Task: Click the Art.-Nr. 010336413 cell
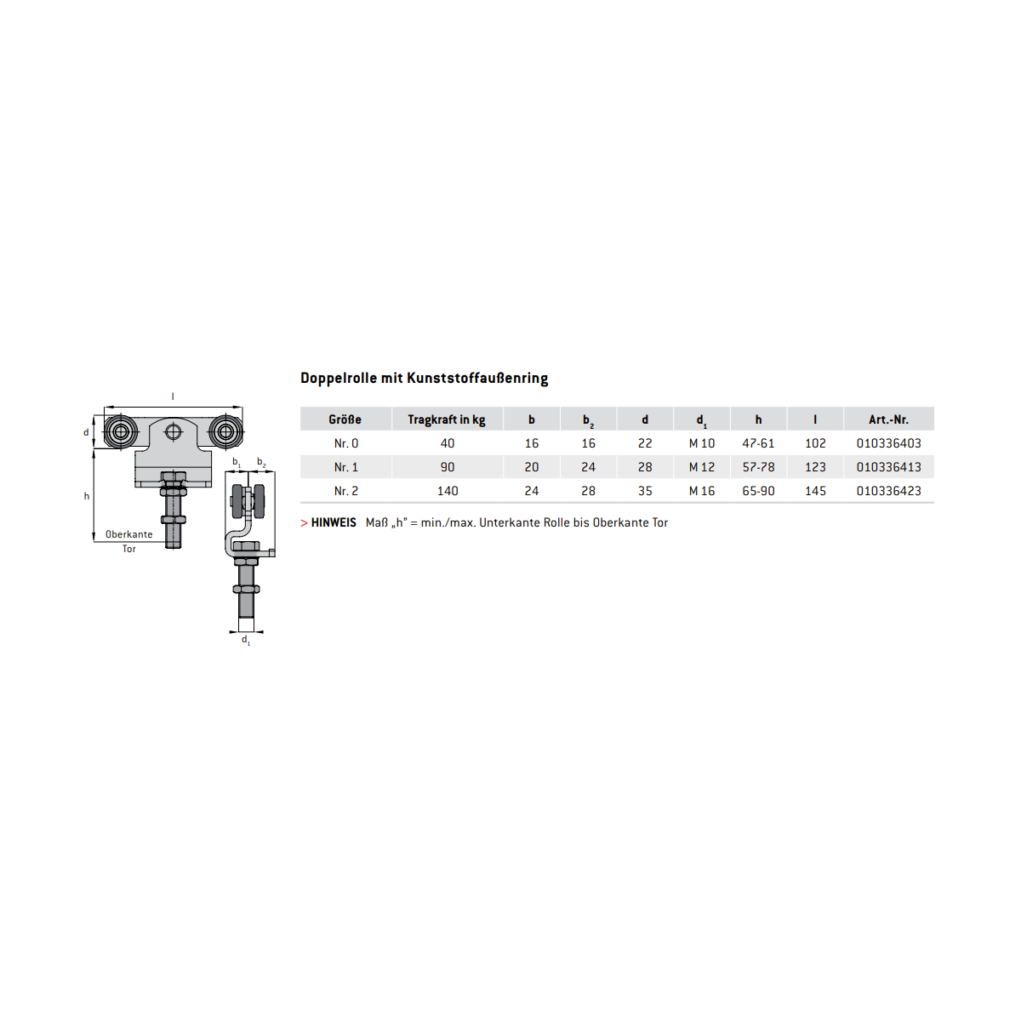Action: click(x=888, y=467)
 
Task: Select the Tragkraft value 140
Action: click(x=448, y=491)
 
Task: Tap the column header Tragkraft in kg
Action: click(x=446, y=419)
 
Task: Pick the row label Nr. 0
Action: click(x=346, y=443)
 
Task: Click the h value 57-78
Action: click(x=758, y=467)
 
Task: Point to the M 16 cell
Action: click(x=701, y=491)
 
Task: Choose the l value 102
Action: click(x=815, y=443)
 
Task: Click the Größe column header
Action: click(x=345, y=419)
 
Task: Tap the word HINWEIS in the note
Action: click(x=334, y=522)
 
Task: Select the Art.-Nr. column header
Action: click(x=888, y=419)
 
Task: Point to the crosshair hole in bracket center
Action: click(x=174, y=432)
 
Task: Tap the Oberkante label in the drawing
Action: click(x=128, y=534)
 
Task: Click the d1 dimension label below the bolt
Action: click(x=246, y=640)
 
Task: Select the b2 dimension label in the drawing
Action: click(x=261, y=463)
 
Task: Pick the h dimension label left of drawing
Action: click(x=87, y=496)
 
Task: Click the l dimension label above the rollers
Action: click(x=173, y=396)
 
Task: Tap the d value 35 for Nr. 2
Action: click(x=644, y=491)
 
